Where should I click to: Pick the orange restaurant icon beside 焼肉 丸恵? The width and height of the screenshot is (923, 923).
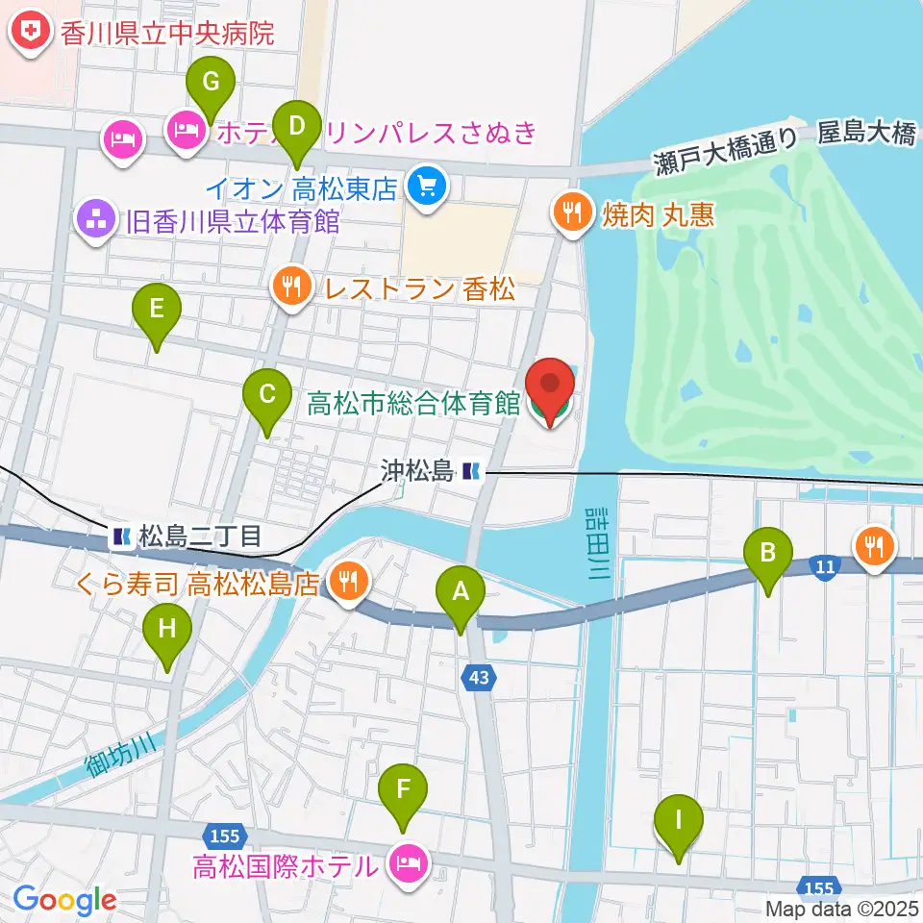coord(574,213)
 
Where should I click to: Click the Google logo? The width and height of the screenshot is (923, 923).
coord(64,900)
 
